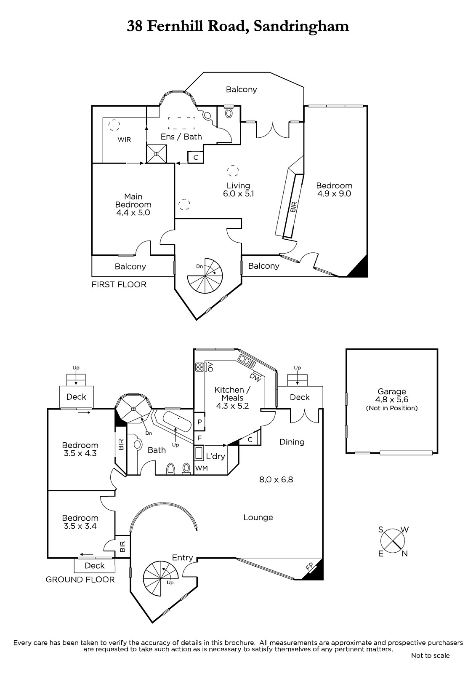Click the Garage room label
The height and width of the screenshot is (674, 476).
coord(391,391)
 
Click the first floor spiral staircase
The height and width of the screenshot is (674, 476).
coord(205,275)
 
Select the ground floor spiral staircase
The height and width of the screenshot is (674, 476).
coord(161,578)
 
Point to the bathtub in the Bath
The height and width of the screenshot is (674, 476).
coord(177,422)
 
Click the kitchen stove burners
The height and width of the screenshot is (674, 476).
coord(199,367)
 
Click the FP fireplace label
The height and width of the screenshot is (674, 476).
coord(309,566)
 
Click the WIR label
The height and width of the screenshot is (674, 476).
coord(124,139)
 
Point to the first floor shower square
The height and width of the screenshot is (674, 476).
coord(157,154)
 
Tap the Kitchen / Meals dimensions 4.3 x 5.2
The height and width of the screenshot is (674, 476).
coord(232,406)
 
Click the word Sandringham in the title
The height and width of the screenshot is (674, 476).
coord(301,27)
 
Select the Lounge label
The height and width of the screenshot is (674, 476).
coord(258,517)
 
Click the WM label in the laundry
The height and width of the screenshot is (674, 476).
coord(202,468)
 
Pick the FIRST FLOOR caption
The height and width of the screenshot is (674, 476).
coord(119,284)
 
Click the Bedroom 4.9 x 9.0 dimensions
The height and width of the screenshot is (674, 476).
coord(334,193)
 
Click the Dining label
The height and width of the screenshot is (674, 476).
coord(292,442)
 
